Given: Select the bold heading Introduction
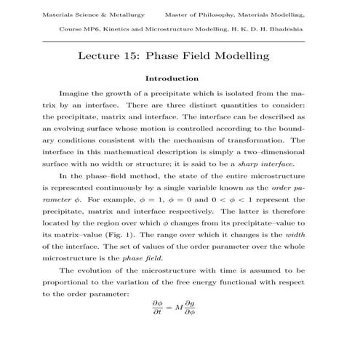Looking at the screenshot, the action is (180, 78).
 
